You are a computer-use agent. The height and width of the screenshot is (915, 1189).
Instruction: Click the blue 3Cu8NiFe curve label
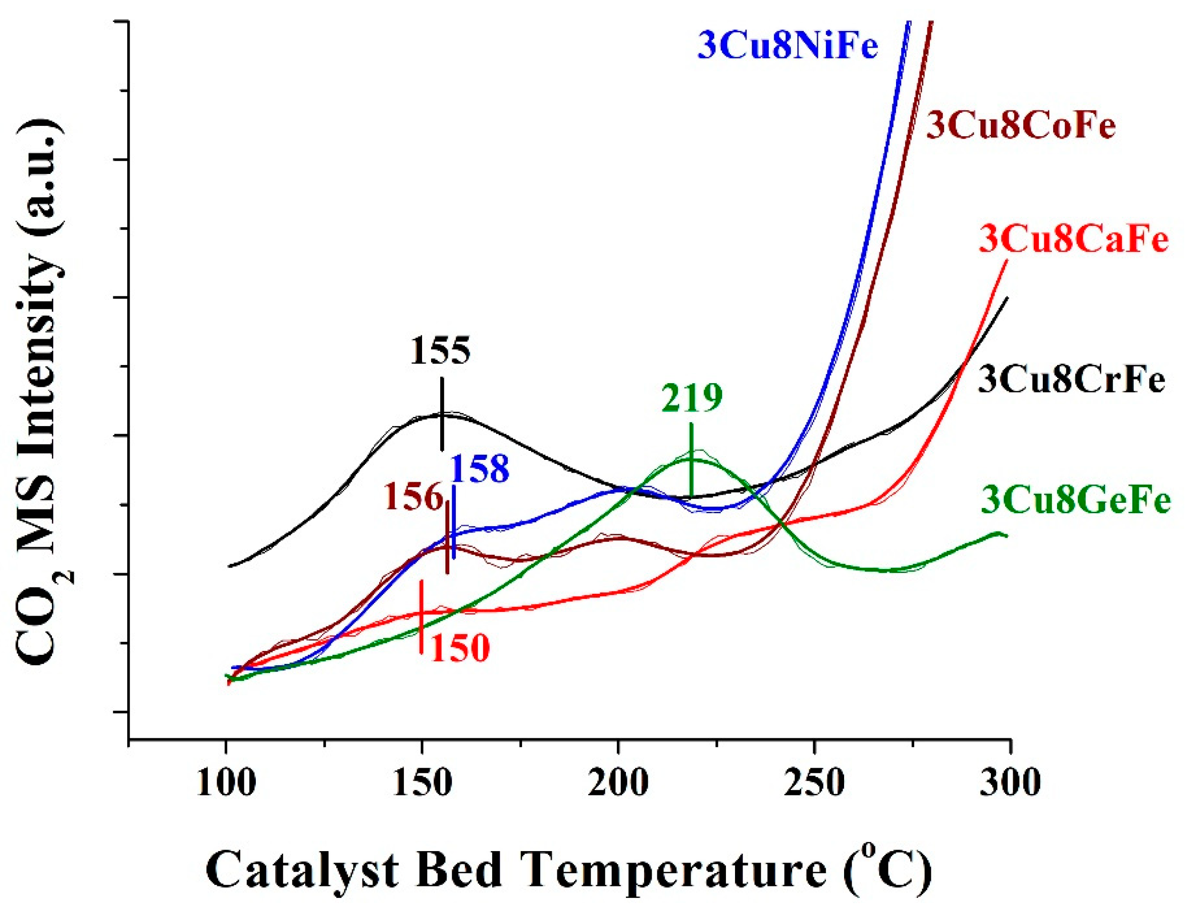pos(787,46)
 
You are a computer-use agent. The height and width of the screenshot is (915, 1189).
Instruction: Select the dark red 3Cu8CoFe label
pos(1021,126)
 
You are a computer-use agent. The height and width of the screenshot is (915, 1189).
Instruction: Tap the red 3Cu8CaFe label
pos(1074,240)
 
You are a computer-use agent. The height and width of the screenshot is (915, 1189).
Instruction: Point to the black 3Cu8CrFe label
pos(1071,380)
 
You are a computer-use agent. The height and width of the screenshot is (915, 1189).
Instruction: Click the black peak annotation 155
pos(440,351)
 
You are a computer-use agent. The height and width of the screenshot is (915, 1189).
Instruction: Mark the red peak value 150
pos(461,649)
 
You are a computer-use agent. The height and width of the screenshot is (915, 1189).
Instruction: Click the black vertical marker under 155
pos(442,415)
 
